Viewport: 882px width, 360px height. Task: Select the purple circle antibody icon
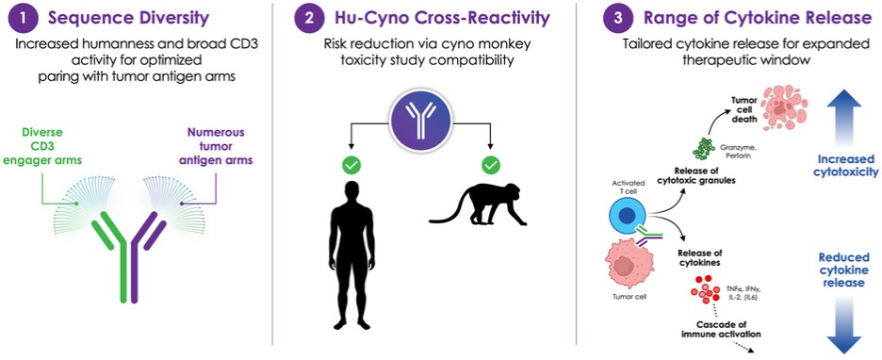[x=422, y=121]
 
